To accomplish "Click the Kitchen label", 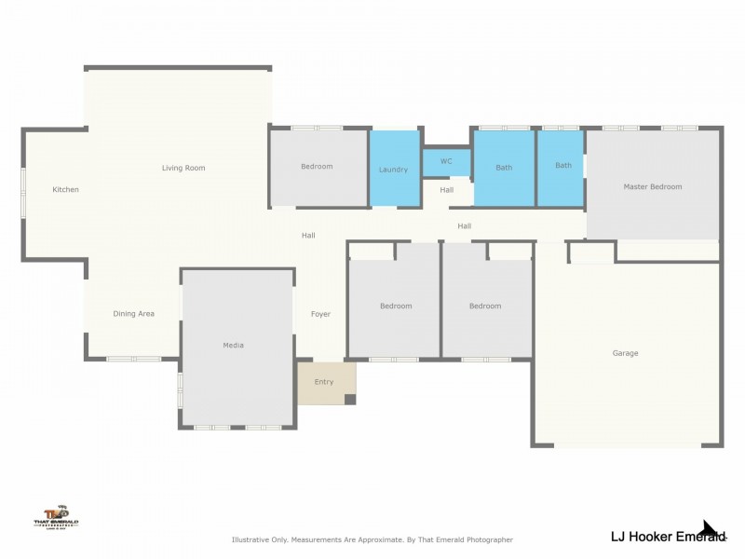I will point(65,190).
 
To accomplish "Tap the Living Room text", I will point(183,169).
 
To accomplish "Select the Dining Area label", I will point(133,314).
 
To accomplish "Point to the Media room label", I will point(233,346).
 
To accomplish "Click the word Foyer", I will point(320,314).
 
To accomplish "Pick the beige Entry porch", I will point(324,382).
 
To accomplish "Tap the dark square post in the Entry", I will point(350,400).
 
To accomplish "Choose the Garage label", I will point(625,353).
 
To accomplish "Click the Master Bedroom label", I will point(652,187).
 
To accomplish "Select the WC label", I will point(446,161).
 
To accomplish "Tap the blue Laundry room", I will point(394,169).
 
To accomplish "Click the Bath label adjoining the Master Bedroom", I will point(563,166).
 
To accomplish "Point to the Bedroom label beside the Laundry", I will point(317,167).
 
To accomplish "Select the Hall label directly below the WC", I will point(447,190).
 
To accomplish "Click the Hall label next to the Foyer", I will point(308,236).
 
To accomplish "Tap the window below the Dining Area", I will point(134,359).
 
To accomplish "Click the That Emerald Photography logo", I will point(56,517).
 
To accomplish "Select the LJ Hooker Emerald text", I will point(666,537).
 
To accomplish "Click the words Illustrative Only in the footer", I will point(260,539).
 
